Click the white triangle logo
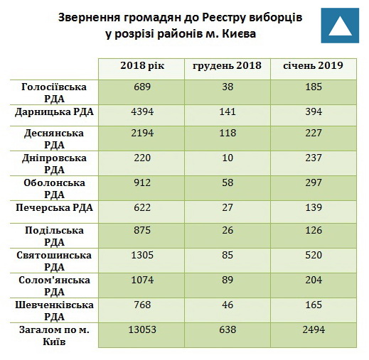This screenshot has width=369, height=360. pos(340,26)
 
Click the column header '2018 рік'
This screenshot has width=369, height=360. pos(142,65)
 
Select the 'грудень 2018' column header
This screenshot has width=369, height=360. pos(227,65)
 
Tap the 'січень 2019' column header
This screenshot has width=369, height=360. pos(313,65)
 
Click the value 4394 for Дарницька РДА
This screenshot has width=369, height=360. pos(142,111)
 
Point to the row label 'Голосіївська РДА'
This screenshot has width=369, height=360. pos(54,93)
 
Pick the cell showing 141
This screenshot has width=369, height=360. pos(228,111)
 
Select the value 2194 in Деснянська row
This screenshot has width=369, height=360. pos(142,133)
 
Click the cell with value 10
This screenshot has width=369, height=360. pos(228,158)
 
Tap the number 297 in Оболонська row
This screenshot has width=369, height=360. pos(314,182)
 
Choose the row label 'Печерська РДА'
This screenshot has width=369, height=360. pos(54,208)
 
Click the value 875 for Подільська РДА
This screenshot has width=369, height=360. pos(142,230)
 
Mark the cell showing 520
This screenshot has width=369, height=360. pos(314,255)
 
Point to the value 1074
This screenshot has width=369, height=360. pos(142,280)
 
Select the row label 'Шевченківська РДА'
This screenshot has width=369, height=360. pos(54,311)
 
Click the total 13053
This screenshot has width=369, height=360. pos(142,329)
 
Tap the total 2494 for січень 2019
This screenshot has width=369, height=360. pos(314,329)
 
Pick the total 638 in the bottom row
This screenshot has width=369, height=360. pos(228,329)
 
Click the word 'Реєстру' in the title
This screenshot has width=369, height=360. pos(223,18)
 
